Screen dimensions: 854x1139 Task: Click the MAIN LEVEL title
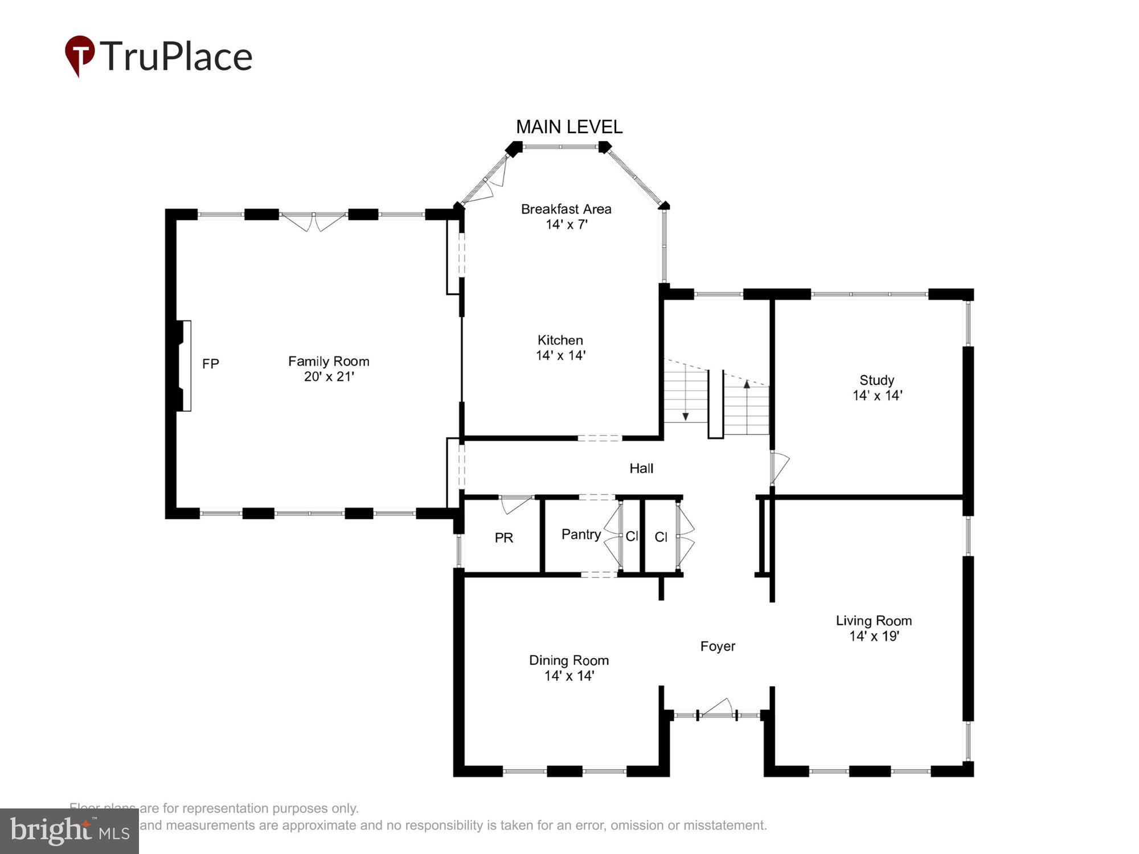pos(569,126)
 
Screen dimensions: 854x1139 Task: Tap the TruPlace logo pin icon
pos(79,55)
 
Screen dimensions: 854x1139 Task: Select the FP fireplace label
pos(210,363)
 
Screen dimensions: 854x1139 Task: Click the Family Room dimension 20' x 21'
pos(329,376)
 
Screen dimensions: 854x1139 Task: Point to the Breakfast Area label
pos(566,209)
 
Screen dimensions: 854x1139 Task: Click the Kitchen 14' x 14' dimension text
pos(560,355)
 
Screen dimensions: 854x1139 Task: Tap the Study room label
pos(876,380)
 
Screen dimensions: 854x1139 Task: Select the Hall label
pos(641,468)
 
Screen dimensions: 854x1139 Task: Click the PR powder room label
pos(503,537)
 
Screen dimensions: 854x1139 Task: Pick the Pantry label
pos(581,534)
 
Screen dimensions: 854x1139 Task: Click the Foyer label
pos(718,646)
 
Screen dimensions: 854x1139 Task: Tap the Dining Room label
pos(568,660)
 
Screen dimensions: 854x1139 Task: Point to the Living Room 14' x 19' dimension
pos(874,636)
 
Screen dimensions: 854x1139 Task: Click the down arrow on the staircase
pos(686,416)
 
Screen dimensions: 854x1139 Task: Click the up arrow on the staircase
pos(747,384)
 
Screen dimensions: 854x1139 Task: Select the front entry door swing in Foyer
pos(717,708)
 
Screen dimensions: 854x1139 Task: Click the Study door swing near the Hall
pos(780,467)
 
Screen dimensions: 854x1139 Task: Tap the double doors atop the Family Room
pos(313,221)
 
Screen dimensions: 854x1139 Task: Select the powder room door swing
pos(515,503)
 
